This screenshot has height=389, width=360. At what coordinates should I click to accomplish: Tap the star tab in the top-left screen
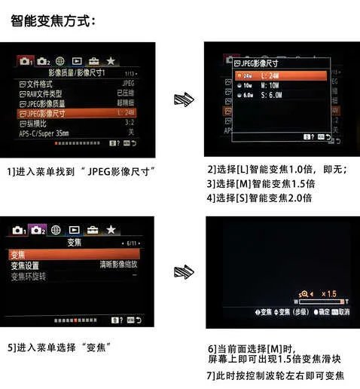(x=111, y=60)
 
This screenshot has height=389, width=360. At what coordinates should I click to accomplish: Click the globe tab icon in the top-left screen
(x=59, y=60)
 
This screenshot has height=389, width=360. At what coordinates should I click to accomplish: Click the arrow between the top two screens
(x=181, y=99)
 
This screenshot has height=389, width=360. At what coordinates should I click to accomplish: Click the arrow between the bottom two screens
(x=181, y=272)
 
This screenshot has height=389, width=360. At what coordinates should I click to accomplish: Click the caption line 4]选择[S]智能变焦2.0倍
(x=259, y=198)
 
